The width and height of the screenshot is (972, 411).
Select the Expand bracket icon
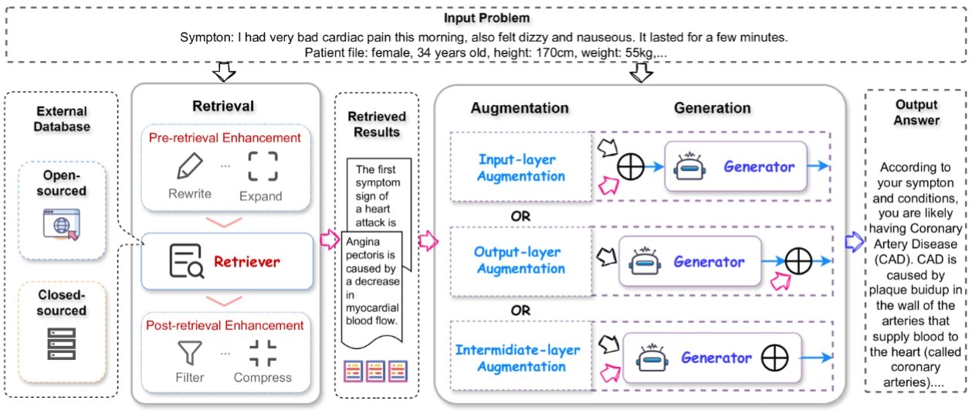click(x=262, y=166)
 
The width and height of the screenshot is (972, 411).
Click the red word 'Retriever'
click(x=247, y=262)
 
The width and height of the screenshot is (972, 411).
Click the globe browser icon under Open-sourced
click(x=61, y=223)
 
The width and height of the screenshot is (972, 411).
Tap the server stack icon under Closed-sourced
click(x=61, y=342)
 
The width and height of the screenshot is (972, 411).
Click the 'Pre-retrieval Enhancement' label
click(x=225, y=138)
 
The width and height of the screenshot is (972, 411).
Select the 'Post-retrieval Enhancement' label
click(x=225, y=325)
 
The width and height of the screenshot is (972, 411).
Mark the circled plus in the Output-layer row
click(x=799, y=260)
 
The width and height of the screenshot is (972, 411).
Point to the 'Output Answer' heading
click(x=916, y=112)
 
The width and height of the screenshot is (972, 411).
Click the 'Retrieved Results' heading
click(x=377, y=124)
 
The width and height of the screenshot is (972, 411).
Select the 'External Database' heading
click(x=62, y=119)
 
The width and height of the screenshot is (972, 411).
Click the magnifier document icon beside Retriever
click(x=186, y=261)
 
